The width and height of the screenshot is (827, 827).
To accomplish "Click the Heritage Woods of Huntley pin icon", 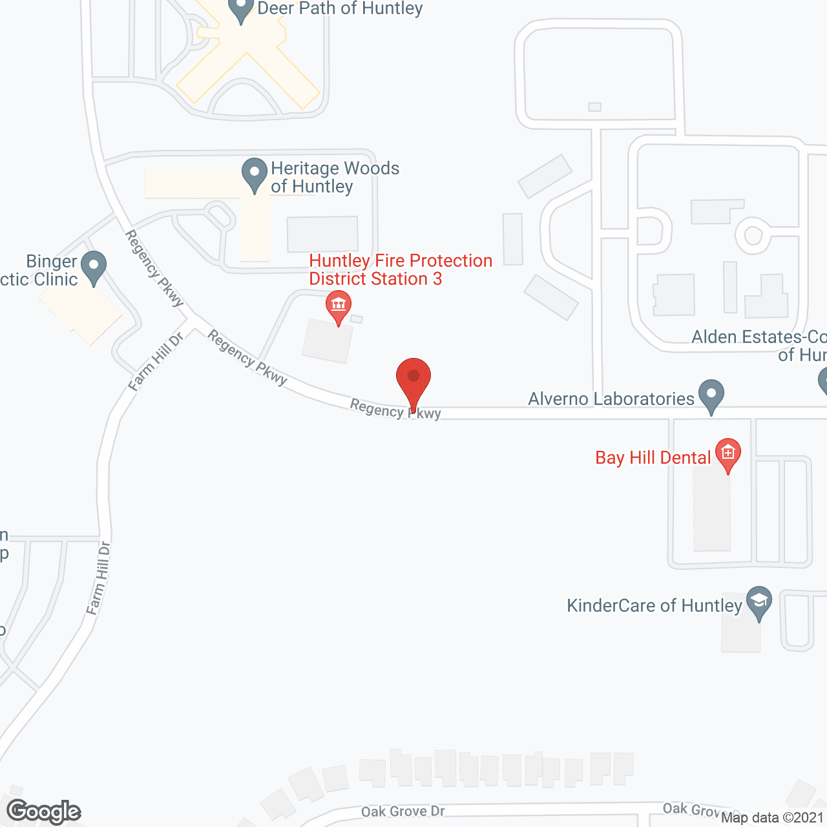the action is point(255,173).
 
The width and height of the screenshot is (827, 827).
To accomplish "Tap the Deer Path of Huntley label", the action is point(340,8).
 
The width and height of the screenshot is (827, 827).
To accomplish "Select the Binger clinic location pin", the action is point(94,266).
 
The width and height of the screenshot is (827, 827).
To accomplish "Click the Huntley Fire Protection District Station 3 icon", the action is point(339,306).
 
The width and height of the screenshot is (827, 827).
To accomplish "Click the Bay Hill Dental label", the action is point(653,457).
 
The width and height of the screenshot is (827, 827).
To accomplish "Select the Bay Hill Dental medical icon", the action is point(728,452).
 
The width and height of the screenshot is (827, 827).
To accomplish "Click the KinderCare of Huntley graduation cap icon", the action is point(759,602).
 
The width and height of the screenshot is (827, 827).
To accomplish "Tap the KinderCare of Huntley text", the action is point(654,605).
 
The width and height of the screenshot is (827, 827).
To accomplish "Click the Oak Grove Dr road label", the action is point(403,811).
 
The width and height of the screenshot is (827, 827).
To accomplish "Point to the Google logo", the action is point(43,811).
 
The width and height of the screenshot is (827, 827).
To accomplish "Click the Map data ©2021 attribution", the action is point(772,817).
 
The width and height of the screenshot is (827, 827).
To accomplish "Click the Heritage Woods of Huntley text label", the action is point(335,177).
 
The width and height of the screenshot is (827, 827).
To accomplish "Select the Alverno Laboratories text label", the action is point(611,399).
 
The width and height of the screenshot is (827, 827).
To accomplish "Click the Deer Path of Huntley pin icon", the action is point(241,8).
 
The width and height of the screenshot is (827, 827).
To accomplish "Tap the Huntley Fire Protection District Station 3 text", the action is point(401,269).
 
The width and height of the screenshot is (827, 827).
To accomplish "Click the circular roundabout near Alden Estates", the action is point(753,235).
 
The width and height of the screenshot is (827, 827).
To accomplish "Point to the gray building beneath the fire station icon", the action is point(328,340).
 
